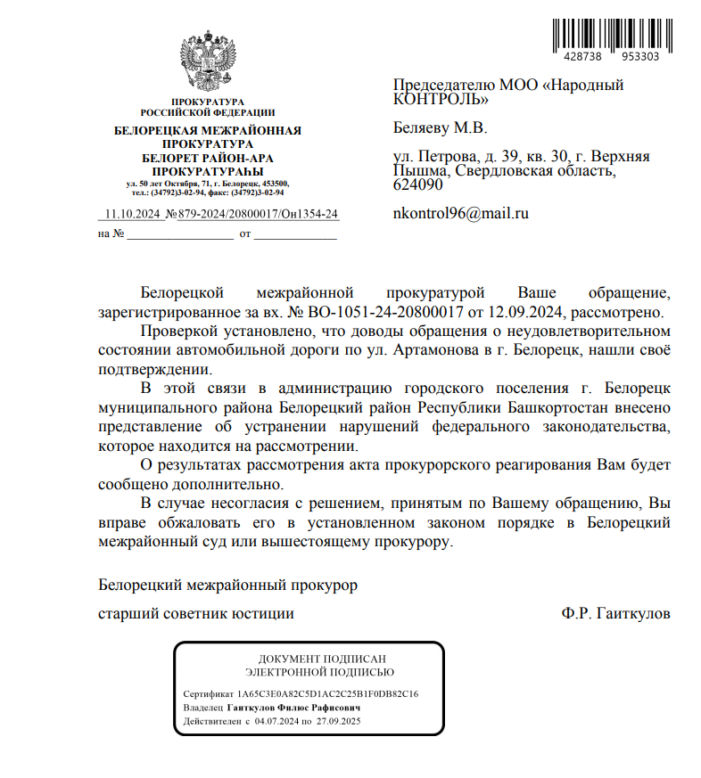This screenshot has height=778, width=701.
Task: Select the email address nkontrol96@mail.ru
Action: click(461, 214)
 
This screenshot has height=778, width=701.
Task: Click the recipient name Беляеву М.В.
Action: click(441, 127)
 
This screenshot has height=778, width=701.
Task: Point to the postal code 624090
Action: click(417, 184)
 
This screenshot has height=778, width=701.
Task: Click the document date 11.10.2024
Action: click(131, 215)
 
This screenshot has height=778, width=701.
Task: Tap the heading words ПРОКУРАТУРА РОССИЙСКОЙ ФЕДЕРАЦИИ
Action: click(207, 108)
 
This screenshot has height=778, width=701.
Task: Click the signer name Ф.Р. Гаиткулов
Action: click(615, 614)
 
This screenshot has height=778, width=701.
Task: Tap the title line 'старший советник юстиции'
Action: click(195, 614)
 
